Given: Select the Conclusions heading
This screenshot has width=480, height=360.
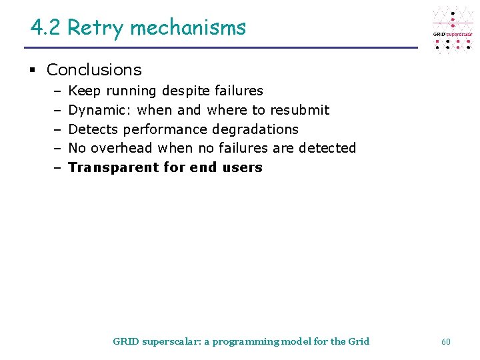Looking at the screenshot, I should point(94,69).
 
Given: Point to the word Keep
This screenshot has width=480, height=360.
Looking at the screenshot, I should point(85,91).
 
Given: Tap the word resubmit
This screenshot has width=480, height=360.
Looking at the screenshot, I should point(299,110).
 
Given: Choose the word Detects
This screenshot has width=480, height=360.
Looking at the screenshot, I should point(93,129).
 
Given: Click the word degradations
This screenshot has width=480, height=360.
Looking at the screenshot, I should point(255,129).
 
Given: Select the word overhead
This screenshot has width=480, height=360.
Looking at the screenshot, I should point(122,148).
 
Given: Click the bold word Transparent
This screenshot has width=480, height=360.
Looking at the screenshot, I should point(113,167).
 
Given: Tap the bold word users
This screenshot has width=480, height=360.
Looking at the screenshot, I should point(242,167).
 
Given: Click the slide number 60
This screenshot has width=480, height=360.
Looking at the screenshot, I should point(446,342).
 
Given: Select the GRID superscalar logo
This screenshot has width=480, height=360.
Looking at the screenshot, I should point(453,30).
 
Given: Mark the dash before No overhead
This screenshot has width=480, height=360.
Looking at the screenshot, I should point(57,148).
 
